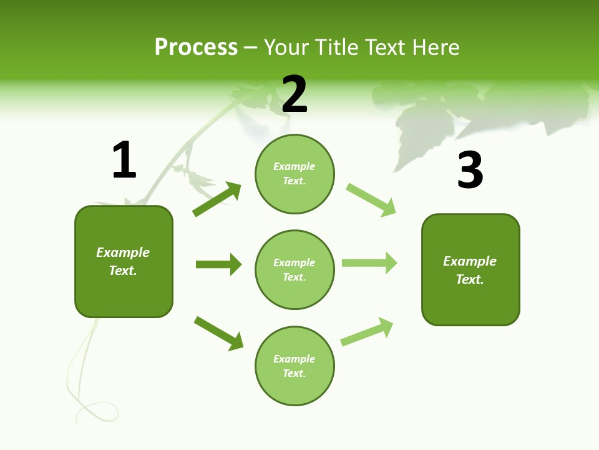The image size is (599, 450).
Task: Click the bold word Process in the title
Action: [196, 47]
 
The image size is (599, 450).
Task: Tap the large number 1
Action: [124, 160]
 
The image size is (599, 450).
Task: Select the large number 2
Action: [295, 94]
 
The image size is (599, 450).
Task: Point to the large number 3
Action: [470, 170]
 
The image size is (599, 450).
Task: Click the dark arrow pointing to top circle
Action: [217, 199]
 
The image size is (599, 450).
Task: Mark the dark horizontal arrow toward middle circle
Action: [218, 264]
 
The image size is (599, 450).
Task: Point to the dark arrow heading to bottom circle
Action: [219, 333]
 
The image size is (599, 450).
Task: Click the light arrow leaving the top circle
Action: [371, 200]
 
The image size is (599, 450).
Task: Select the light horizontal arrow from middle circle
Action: [369, 262]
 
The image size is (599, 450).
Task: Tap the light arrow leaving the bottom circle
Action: [368, 331]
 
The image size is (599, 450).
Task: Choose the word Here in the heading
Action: [436, 47]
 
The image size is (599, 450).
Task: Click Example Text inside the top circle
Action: [295, 174]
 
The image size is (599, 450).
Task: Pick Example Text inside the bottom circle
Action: [295, 366]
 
